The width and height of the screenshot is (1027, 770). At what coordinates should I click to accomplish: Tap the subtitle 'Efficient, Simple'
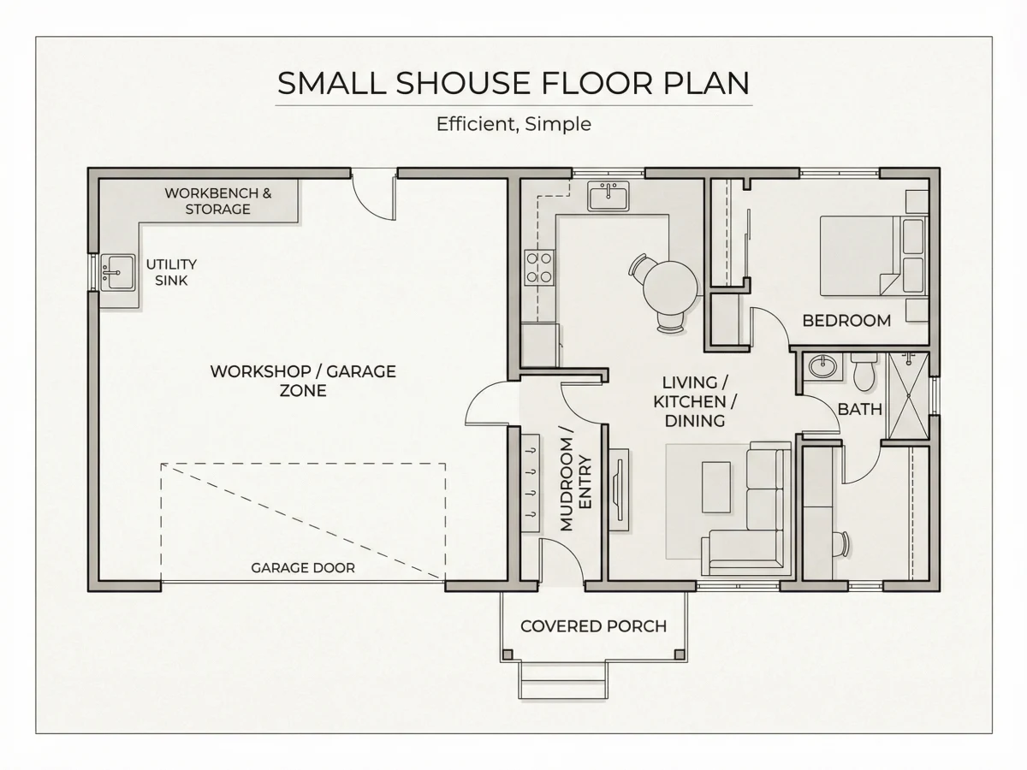coord(513,124)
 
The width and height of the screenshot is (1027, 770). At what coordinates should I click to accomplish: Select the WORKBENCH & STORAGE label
coord(218,201)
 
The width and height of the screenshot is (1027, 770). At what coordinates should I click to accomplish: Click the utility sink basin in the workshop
coord(117,272)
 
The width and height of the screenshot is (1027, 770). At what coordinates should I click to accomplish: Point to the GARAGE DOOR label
coord(303,568)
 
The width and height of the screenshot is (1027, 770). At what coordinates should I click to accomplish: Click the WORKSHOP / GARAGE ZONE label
coord(303,381)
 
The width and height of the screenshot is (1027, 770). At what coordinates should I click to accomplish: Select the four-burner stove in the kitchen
coord(539,267)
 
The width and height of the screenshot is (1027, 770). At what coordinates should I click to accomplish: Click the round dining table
coord(670,288)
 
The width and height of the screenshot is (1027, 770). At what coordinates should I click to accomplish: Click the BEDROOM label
coord(847,321)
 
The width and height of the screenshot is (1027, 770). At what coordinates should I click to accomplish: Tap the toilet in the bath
coord(864,371)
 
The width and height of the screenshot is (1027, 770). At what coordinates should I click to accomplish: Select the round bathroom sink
coord(822,366)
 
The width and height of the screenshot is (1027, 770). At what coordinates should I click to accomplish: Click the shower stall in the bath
coord(908,395)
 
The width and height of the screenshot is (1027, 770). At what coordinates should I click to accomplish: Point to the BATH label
coord(859,410)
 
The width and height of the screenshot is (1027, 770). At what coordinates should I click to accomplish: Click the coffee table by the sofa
coord(716,487)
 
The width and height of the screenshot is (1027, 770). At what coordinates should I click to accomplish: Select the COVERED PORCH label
coord(593,626)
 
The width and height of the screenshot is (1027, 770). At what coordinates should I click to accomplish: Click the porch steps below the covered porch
coord(563,680)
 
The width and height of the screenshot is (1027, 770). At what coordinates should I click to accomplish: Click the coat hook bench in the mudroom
coord(530,483)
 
